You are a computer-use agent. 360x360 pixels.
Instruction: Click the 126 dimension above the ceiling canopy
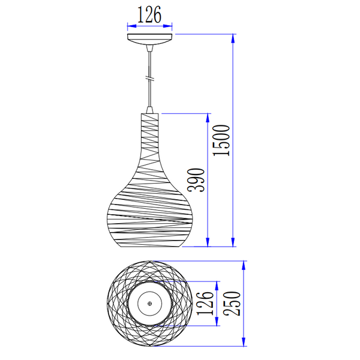pyautogui.click(x=149, y=14)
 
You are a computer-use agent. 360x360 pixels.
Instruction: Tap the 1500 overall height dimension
pyautogui.click(x=221, y=140)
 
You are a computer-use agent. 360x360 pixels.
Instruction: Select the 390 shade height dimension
pyautogui.click(x=196, y=180)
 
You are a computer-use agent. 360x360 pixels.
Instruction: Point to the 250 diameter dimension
pyautogui.click(x=232, y=303)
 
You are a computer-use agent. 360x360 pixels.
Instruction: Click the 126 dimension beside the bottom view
pyautogui.click(x=205, y=303)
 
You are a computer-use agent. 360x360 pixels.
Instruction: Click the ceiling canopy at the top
pyautogui.click(x=149, y=39)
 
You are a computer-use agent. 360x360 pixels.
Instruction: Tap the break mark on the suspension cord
pyautogui.click(x=149, y=79)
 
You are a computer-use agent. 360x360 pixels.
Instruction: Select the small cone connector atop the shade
pyautogui.click(x=149, y=110)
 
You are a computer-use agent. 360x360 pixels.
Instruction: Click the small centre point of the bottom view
pyautogui.click(x=149, y=304)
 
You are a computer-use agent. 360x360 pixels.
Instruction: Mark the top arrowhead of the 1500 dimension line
pyautogui.click(x=233, y=38)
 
